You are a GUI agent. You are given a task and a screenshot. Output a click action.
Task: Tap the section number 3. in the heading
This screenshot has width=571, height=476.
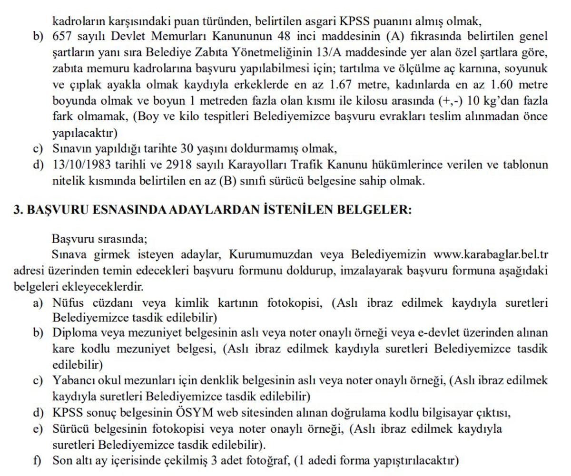point(18,210)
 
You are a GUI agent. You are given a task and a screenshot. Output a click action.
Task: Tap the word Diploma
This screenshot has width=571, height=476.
point(72,333)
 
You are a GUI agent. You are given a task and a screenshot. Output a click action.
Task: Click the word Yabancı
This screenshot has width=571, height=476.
point(71,381)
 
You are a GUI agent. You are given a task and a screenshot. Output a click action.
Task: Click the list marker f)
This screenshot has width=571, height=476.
point(38,460)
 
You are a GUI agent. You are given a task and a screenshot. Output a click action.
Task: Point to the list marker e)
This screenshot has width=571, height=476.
point(38,429)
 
